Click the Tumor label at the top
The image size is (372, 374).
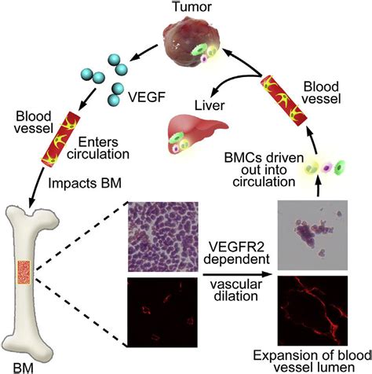tap(192, 6)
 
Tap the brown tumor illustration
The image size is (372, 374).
tap(191, 42)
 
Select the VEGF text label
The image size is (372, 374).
tap(147, 97)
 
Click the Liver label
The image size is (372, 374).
tap(210, 105)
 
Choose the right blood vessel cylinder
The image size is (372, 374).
tap(284, 101)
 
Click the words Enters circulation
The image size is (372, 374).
tap(98, 148)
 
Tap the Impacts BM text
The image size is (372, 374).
tap(85, 183)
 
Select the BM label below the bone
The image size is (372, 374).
tap(23, 368)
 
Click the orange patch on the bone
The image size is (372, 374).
tap(24, 273)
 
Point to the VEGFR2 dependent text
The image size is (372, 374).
tap(236, 253)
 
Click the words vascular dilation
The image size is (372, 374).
tap(236, 290)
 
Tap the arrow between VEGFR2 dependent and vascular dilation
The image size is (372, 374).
tap(237, 274)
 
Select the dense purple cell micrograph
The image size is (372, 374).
tap(162, 236)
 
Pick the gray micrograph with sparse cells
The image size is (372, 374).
tap(312, 235)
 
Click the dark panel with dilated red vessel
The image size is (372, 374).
tap(312, 310)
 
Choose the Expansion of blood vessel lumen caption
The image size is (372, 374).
tap(312, 361)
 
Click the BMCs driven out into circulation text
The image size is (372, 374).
tap(264, 170)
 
